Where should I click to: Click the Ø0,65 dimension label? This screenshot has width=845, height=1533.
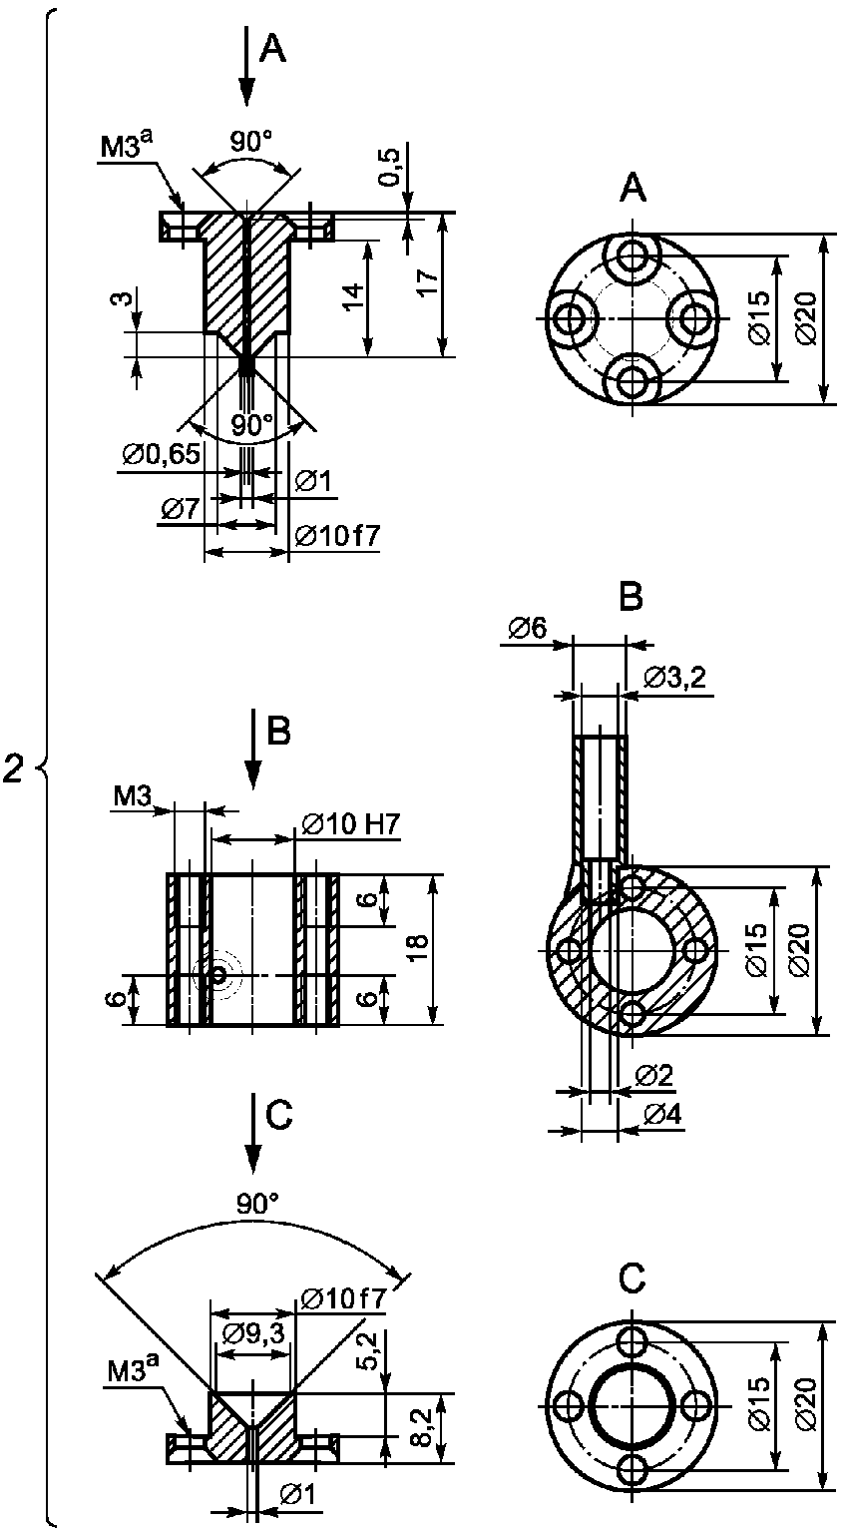(162, 454)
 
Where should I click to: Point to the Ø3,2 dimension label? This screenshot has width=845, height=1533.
(674, 678)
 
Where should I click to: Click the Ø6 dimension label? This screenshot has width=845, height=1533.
(528, 628)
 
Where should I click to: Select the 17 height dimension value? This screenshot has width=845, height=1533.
(427, 282)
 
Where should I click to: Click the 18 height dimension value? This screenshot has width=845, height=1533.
(417, 948)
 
